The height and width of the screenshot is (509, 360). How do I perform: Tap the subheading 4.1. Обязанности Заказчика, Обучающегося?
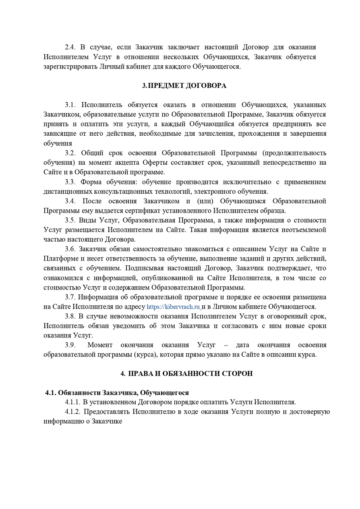pos(117,393)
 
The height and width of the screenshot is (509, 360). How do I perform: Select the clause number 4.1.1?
pos(72,402)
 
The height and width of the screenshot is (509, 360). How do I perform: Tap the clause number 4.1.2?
pos(72,412)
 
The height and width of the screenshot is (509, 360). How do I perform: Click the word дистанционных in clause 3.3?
pos(68,192)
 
